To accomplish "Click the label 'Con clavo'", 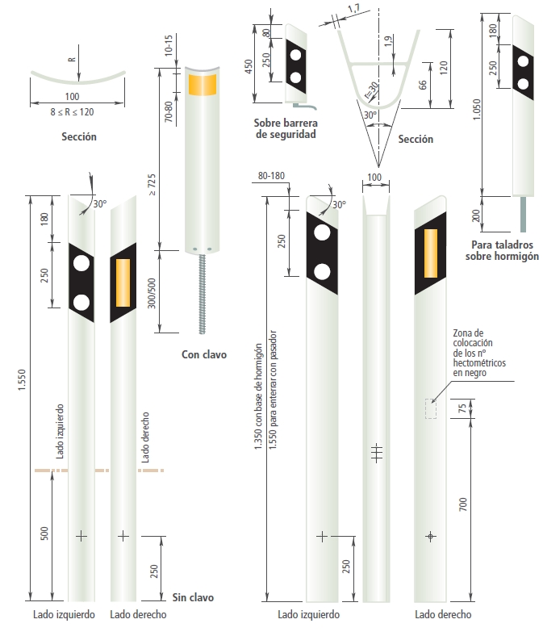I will pos(204,354).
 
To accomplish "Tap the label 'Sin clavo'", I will pos(193,597).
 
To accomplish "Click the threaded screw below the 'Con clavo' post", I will pos(200,291).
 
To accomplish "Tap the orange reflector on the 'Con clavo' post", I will pos(202,83).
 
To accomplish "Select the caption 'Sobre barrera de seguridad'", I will pos(284,129).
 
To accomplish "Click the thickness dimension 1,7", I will pos(353,10).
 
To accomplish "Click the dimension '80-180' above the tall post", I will pos(273,176).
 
